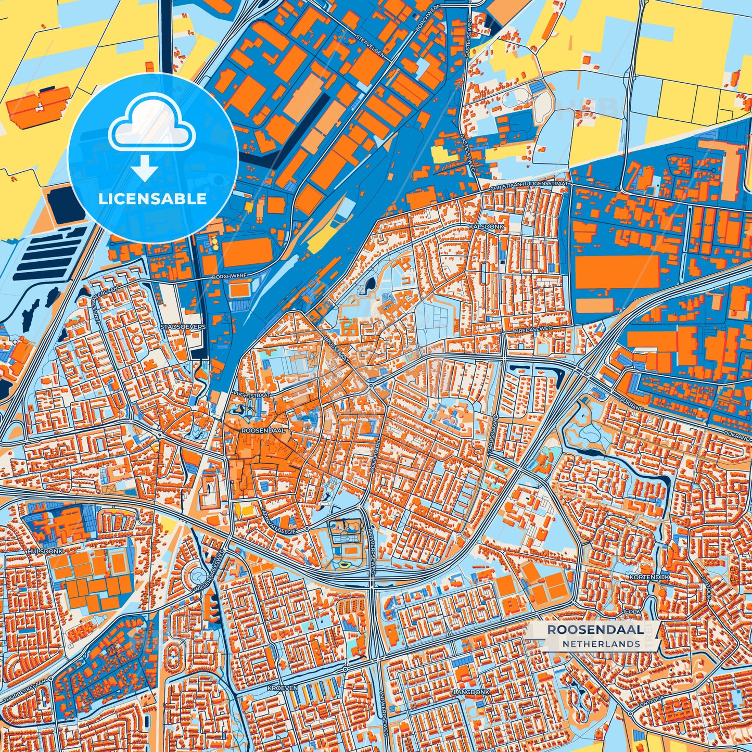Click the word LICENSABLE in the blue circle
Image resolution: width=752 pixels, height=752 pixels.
(153, 199)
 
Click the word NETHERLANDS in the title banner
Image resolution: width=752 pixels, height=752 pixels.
(601, 644)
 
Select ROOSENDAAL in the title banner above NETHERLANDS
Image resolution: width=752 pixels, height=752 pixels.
(595, 630)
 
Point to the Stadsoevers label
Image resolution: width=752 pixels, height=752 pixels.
(183, 327)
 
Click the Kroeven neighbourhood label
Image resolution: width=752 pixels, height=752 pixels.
(283, 688)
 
